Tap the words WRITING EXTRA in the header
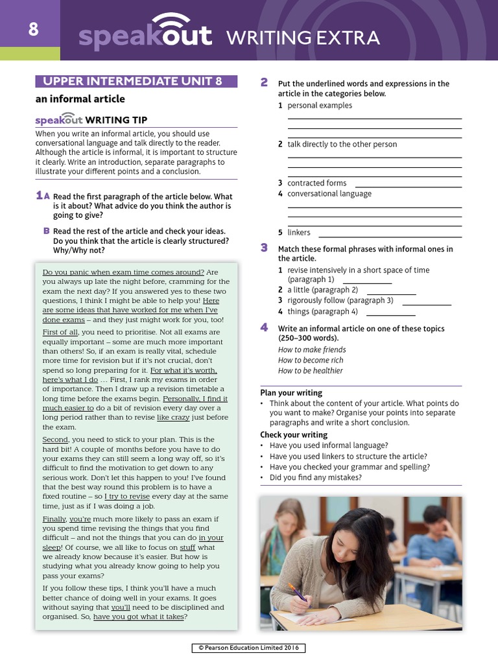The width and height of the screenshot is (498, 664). [303, 38]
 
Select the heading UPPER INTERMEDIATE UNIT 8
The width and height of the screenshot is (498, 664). [136, 82]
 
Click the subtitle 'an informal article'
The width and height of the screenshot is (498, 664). [80, 99]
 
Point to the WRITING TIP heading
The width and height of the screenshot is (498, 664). [116, 120]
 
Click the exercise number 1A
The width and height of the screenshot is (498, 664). [42, 196]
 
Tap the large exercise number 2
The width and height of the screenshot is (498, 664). [264, 82]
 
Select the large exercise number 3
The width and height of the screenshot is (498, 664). [264, 248]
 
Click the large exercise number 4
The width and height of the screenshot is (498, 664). [264, 327]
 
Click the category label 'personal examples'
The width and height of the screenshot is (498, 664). [320, 106]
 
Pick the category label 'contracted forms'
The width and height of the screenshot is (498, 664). [317, 184]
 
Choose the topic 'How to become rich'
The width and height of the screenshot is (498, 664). [311, 361]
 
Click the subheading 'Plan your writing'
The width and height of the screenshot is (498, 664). [291, 393]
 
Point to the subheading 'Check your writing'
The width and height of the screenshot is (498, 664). [294, 435]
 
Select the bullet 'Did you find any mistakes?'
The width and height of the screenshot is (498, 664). [316, 478]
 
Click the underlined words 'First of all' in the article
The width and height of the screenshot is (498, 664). [60, 332]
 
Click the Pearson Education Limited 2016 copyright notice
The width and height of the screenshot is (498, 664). [249, 648]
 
